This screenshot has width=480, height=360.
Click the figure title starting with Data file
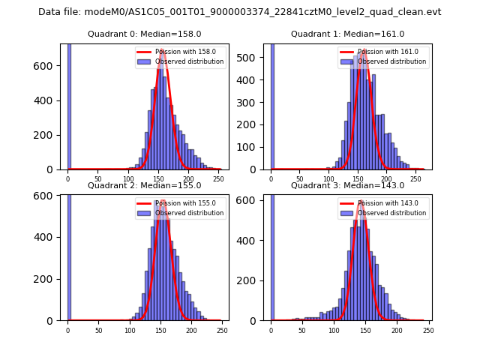click(239, 12)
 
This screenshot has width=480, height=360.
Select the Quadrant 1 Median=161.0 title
click(347, 34)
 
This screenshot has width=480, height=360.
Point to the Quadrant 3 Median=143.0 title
click(347, 186)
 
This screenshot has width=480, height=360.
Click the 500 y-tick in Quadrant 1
click(252, 57)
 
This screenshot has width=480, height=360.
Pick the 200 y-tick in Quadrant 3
click(252, 280)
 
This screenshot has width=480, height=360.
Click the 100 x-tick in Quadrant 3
click(334, 331)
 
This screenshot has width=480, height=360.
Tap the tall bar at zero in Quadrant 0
click(69, 105)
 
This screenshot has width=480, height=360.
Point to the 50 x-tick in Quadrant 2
click(99, 331)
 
